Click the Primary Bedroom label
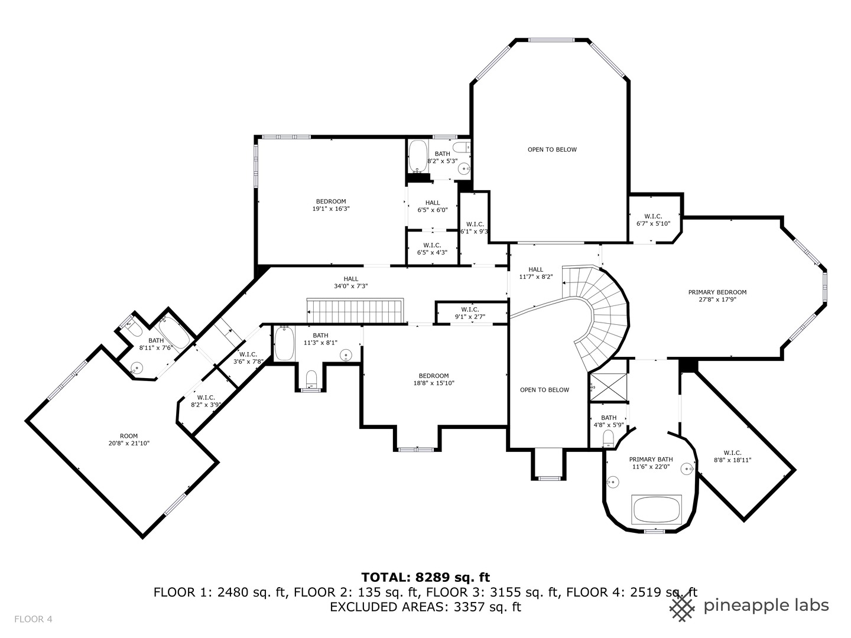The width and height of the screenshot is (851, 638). [x=717, y=292]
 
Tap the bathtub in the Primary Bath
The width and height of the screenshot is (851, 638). [x=657, y=509]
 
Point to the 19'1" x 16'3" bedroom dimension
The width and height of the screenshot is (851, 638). [x=331, y=209]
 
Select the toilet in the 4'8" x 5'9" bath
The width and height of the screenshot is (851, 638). [x=608, y=438]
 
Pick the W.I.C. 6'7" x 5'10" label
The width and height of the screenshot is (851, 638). [x=652, y=220]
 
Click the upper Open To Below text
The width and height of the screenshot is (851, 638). [x=552, y=149]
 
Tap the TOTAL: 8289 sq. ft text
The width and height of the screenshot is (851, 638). [x=425, y=577]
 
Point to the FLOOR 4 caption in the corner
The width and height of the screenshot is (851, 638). [x=33, y=619]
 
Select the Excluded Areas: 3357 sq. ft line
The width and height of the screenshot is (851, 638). [x=425, y=607]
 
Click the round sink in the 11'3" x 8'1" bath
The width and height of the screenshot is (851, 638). [x=346, y=355]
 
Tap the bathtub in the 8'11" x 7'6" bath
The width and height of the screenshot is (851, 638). [x=174, y=333]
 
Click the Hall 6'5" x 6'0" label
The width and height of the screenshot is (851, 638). [x=432, y=206]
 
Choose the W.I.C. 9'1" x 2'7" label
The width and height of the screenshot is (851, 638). [x=470, y=313]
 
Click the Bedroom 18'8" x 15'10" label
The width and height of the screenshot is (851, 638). [x=434, y=379]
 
